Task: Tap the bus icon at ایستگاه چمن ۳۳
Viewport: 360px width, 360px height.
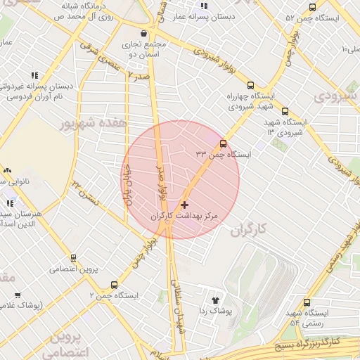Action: click(223, 143)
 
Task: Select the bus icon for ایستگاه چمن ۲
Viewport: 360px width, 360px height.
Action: click(114, 285)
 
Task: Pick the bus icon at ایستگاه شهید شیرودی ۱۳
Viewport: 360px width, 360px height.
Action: click(285, 111)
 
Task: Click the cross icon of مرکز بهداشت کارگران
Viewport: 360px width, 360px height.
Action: click(184, 205)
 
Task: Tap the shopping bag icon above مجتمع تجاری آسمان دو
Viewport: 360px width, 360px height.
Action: click(144, 32)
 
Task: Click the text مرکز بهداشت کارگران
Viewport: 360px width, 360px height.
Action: click(186, 217)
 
